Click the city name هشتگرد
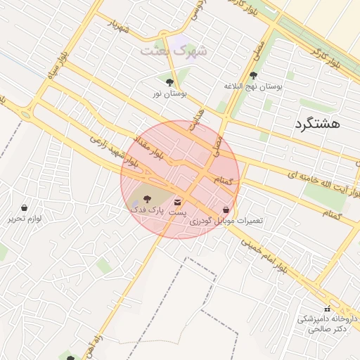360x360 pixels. click(314, 124)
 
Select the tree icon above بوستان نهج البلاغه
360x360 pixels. click(253, 75)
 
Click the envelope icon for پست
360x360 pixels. click(176, 202)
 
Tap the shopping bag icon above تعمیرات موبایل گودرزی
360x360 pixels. click(225, 210)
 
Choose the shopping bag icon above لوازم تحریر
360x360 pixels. click(25, 208)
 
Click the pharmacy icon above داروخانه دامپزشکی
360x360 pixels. click(326, 309)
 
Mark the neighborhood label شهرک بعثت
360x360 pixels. click(174, 51)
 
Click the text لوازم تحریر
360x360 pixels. click(25, 219)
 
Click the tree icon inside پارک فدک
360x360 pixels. click(146, 200)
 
